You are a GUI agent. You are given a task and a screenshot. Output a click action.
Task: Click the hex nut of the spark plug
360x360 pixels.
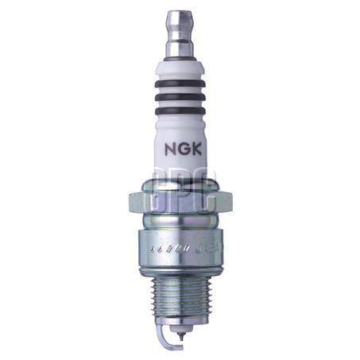180,203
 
